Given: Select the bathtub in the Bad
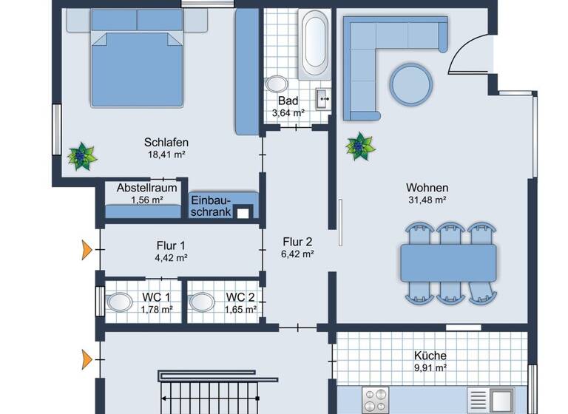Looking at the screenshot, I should pyautogui.click(x=314, y=46).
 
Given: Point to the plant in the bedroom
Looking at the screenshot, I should pyautogui.click(x=82, y=156).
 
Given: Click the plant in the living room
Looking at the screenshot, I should pyautogui.click(x=360, y=146).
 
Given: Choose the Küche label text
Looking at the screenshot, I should pyautogui.click(x=429, y=353).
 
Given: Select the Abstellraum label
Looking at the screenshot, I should pyautogui.click(x=146, y=188).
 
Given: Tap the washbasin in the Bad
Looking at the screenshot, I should pyautogui.click(x=323, y=98).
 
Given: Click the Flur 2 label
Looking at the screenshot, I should pyautogui.click(x=298, y=241).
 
